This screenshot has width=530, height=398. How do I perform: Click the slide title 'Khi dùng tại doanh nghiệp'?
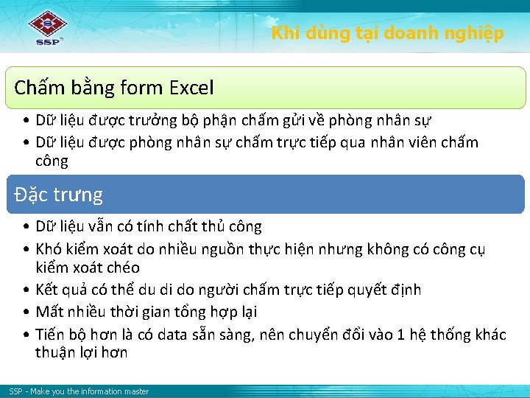pos(387,33)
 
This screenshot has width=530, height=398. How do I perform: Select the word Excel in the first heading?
pos(191,88)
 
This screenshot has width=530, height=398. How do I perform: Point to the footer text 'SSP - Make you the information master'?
pos(79,391)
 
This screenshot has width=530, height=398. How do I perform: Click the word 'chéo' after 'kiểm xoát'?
pos(123,268)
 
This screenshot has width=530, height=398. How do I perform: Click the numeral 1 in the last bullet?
pos(400,335)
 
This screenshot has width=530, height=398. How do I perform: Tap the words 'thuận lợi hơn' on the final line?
pos(81,352)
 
